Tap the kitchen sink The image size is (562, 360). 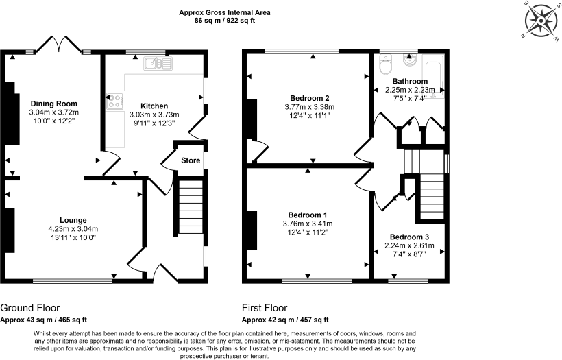point(158,64)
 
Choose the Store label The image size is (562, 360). point(190,160)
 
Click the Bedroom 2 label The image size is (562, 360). point(308,98)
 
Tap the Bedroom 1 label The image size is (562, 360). point(308,215)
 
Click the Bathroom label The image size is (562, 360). point(410,81)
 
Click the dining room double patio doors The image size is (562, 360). point(59,44)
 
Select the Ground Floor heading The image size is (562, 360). point(29,308)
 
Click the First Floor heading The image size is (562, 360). point(265,308)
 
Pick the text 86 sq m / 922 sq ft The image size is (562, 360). point(224,21)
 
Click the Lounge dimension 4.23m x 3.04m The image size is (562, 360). point(73,229)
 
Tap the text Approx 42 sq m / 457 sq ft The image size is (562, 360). point(285,320)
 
